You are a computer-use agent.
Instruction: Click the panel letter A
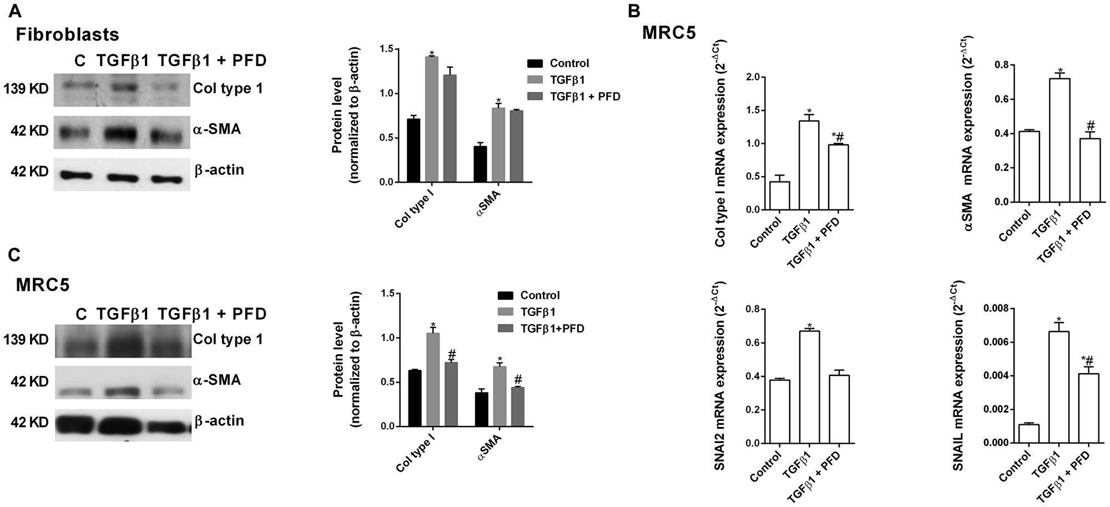(14, 9)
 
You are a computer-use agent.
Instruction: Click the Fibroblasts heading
(67, 34)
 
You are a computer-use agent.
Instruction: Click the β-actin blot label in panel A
(219, 170)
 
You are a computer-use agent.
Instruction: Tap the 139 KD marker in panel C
(27, 339)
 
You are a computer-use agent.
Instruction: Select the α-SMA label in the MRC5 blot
(217, 380)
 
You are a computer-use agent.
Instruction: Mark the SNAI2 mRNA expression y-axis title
(719, 378)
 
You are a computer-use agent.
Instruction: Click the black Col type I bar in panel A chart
(413, 150)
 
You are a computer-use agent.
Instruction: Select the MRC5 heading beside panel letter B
(669, 32)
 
